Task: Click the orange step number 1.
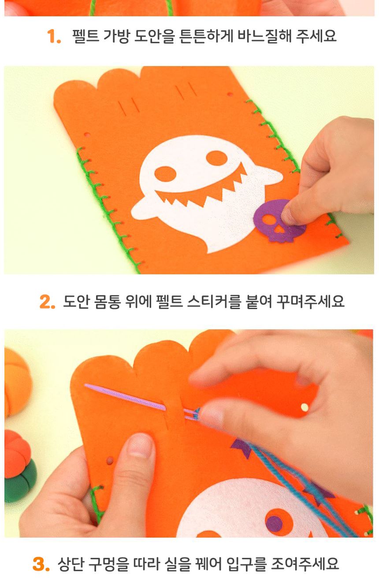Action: coord(54,37)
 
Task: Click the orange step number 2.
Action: coord(47,302)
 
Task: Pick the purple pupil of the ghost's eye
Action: coord(274,523)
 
